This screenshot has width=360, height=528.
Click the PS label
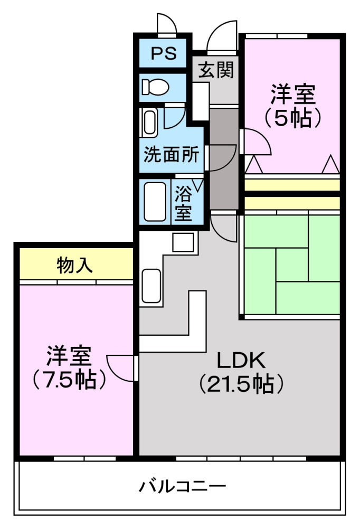pyautogui.click(x=163, y=53)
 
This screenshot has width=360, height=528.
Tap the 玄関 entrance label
pyautogui.click(x=216, y=69)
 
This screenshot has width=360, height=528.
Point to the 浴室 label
pyautogui.click(x=183, y=203)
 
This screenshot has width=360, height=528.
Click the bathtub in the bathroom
pyautogui.click(x=155, y=202)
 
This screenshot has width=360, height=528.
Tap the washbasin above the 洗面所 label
pyautogui.click(x=149, y=122)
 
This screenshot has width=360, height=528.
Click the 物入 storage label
pyautogui.click(x=74, y=265)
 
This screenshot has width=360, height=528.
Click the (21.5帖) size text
pyautogui.click(x=241, y=383)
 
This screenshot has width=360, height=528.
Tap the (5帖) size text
pyautogui.click(x=293, y=118)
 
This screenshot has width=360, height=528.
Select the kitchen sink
pyautogui.click(x=151, y=285)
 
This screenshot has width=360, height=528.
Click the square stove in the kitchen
pyautogui.click(x=183, y=242)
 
